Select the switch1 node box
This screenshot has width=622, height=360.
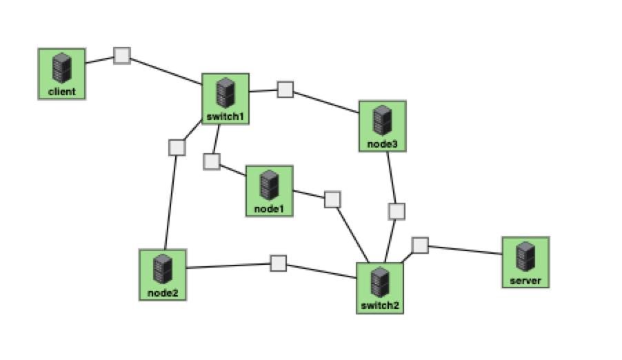click(x=225, y=99)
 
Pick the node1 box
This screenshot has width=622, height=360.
click(x=270, y=190)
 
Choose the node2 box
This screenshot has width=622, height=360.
click(x=163, y=274)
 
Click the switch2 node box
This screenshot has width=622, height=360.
click(x=380, y=288)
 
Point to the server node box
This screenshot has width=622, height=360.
click(x=525, y=261)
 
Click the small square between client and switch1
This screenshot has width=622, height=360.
click(x=122, y=56)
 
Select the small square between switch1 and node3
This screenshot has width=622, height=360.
click(x=285, y=90)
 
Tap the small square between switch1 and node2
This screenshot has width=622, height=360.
click(x=177, y=148)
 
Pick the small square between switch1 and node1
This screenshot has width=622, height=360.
click(x=212, y=161)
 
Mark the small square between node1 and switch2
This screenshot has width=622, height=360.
click(x=332, y=199)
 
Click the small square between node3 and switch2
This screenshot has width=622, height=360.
click(x=397, y=211)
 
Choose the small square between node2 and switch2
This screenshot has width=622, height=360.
click(x=278, y=263)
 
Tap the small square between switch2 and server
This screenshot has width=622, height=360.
click(x=420, y=245)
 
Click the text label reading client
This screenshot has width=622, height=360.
click(x=61, y=91)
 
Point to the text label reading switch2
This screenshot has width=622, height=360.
click(x=380, y=306)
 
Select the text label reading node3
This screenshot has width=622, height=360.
click(x=382, y=143)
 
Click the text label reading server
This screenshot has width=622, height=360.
click(x=525, y=281)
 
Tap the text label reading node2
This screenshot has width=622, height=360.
click(x=163, y=293)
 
